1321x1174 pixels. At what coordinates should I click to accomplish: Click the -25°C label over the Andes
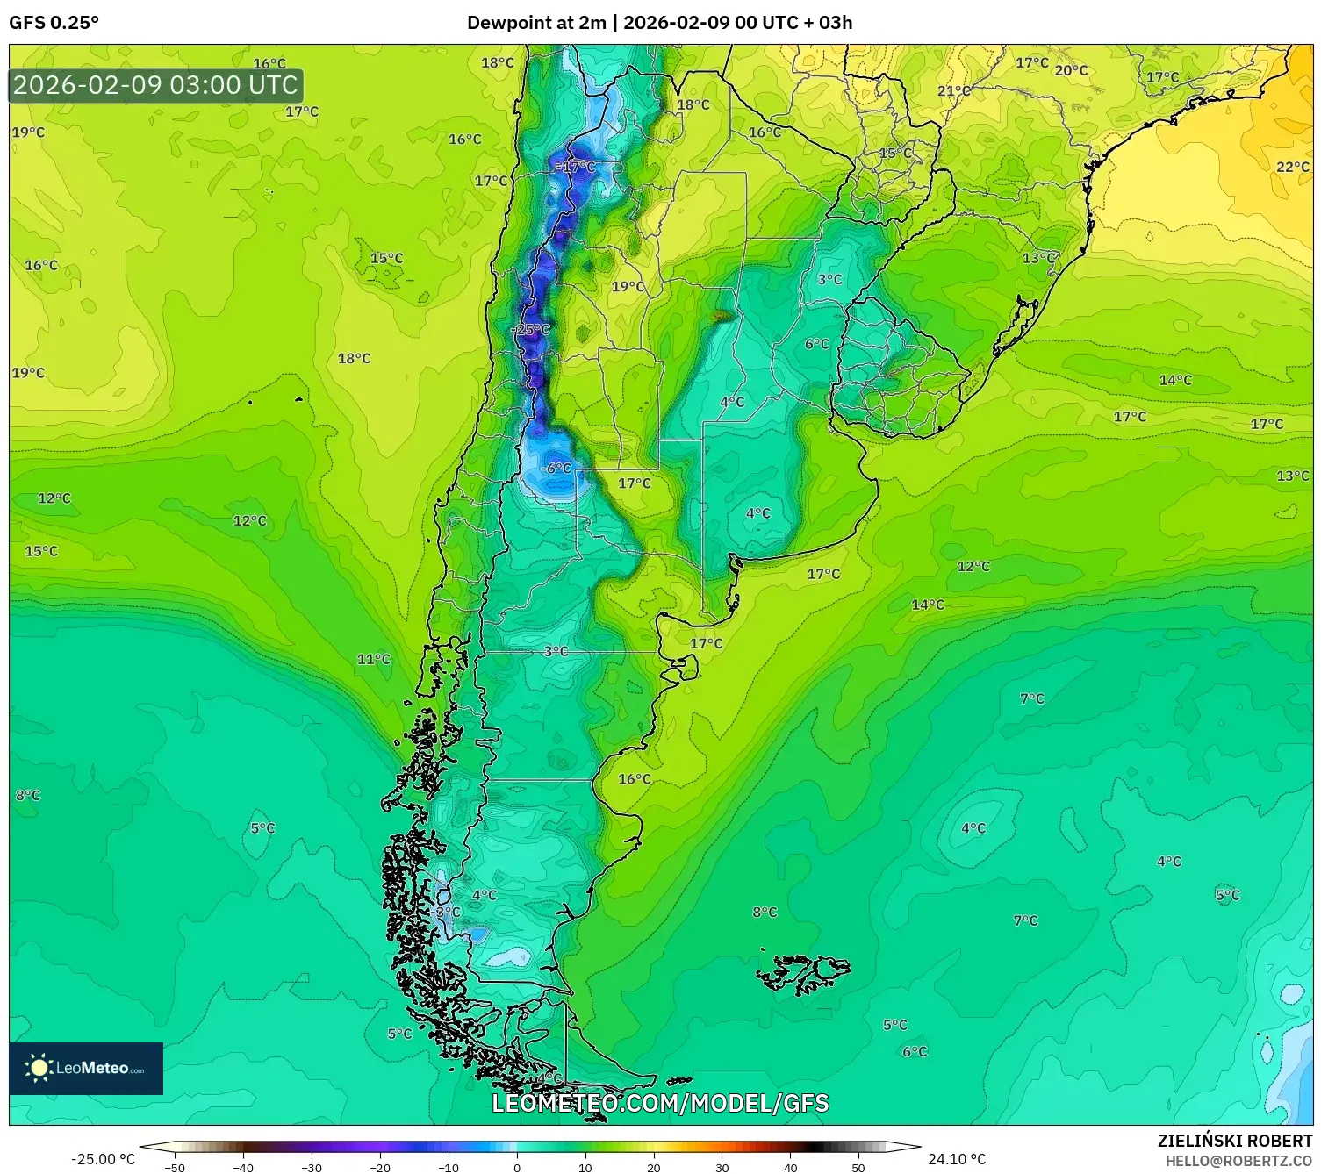(x=532, y=330)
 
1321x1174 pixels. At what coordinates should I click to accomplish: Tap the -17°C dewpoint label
(x=578, y=167)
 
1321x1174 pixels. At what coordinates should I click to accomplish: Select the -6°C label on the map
(x=556, y=469)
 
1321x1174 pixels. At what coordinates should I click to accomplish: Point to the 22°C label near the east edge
(x=1292, y=167)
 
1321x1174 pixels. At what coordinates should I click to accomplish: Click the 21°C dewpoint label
(x=953, y=91)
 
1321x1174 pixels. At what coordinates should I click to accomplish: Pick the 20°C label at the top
(x=1071, y=70)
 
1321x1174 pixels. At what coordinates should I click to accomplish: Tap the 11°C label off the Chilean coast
(x=373, y=660)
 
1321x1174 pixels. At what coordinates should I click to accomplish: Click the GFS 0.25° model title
(x=54, y=23)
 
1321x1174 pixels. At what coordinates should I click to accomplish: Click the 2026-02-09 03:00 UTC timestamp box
(x=155, y=86)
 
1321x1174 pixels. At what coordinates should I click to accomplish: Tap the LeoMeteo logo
(x=86, y=1068)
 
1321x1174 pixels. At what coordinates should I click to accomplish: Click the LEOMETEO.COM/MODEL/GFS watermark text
(x=660, y=1103)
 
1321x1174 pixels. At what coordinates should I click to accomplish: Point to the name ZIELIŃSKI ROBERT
(x=1234, y=1141)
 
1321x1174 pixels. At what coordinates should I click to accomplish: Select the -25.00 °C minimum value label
(x=103, y=1159)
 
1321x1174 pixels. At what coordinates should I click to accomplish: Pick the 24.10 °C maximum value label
(x=957, y=1159)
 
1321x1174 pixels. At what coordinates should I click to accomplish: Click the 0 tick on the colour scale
(x=517, y=1168)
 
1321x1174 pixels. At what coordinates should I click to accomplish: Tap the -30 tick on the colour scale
(x=312, y=1168)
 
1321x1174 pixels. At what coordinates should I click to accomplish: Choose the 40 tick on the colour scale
(x=790, y=1168)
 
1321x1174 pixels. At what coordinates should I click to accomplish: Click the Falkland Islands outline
(x=803, y=973)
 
